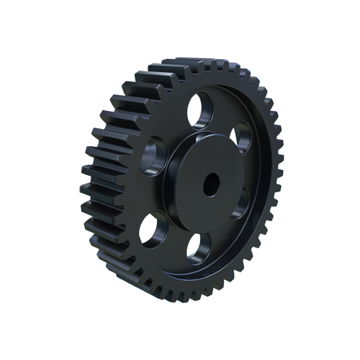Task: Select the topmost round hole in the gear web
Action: pos(201,109)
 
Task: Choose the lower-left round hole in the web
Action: pos(152,228)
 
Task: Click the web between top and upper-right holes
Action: pos(227,115)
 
